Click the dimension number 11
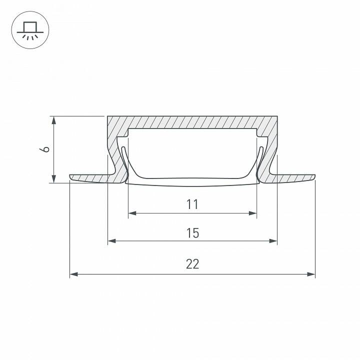click(192, 204)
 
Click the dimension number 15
click(192, 233)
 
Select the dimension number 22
click(192, 264)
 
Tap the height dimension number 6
click(44, 149)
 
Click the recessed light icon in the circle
click(30, 30)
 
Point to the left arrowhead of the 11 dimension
click(132, 213)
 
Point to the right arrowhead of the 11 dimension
click(253, 213)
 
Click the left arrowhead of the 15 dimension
click(112, 241)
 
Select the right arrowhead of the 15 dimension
click(273, 241)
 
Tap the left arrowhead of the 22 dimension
click(73, 274)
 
